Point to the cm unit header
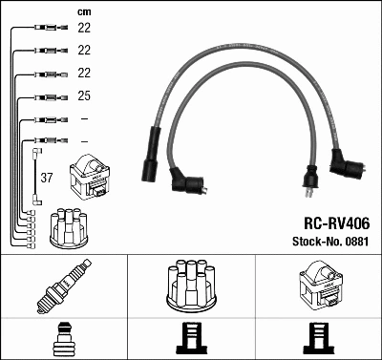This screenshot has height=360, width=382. [x=83, y=11]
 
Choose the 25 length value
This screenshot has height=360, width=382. [x=83, y=96]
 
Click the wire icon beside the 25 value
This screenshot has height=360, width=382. [x=44, y=96]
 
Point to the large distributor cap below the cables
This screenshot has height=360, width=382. [x=191, y=285]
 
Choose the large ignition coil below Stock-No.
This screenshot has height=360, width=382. [x=318, y=286]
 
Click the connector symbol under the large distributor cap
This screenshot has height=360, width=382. [x=191, y=338]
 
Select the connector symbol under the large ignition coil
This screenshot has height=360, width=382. [x=318, y=338]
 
